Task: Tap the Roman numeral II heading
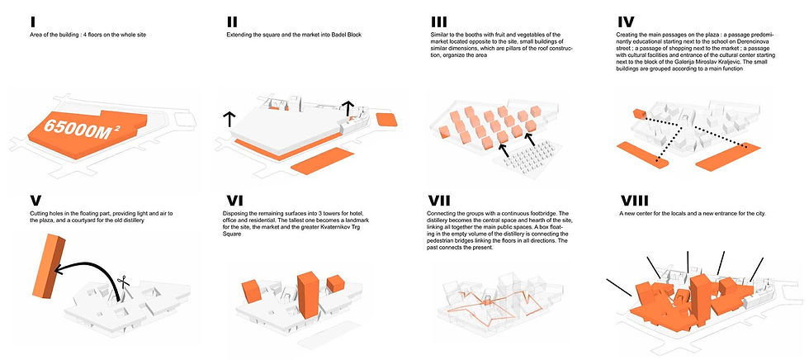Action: point(233,21)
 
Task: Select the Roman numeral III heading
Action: point(439,21)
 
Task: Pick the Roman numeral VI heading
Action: point(236,199)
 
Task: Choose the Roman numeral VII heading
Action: point(443,199)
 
